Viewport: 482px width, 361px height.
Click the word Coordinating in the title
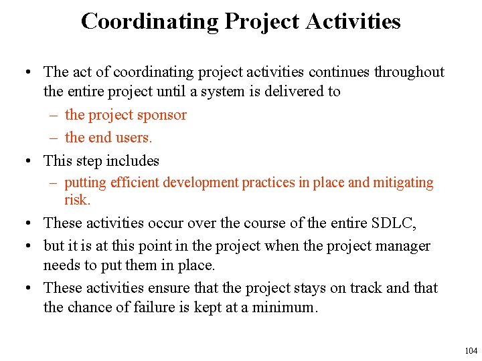(149, 21)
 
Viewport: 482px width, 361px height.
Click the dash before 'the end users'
(54, 138)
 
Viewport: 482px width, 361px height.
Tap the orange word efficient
(137, 183)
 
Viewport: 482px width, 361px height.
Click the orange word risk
(77, 200)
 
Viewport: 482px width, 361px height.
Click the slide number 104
(471, 351)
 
